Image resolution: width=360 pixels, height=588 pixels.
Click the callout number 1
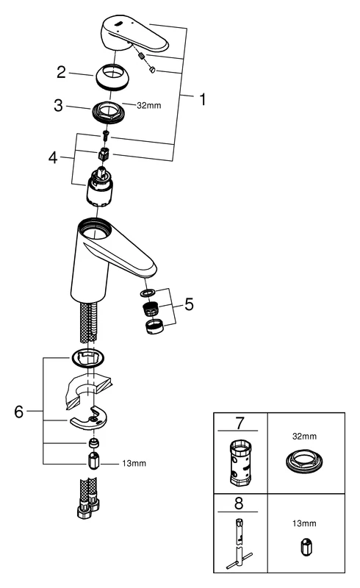[x=203, y=100]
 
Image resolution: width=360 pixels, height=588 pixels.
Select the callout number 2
[x=61, y=72]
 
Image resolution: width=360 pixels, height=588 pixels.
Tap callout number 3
[x=58, y=105]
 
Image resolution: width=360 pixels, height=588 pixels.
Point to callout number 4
[x=53, y=158]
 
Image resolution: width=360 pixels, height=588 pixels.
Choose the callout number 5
[x=189, y=304]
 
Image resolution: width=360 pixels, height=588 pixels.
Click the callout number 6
[x=19, y=412]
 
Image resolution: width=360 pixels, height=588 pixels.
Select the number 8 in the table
[x=239, y=503]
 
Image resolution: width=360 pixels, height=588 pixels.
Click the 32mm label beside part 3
[x=149, y=105]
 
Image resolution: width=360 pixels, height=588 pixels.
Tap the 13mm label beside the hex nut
[x=134, y=464]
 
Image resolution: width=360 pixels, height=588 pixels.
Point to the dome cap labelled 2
[x=112, y=77]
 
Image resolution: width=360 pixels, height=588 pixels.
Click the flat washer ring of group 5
[x=148, y=291]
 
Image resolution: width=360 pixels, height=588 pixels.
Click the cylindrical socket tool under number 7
[x=240, y=463]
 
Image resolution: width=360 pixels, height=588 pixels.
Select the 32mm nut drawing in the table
[x=304, y=461]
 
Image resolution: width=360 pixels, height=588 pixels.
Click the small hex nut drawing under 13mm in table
[x=304, y=547]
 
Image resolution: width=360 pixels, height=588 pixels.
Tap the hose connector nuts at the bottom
[x=88, y=507]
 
